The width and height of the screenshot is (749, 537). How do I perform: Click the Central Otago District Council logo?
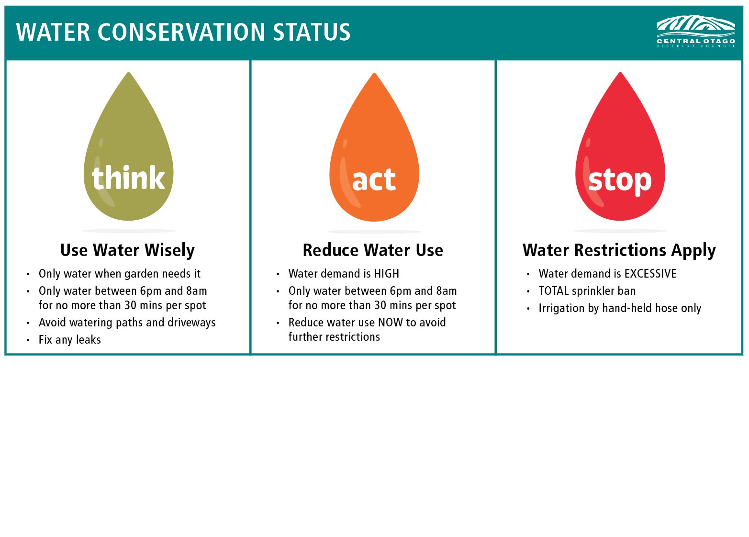tap(696, 31)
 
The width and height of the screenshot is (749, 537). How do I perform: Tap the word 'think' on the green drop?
tap(128, 178)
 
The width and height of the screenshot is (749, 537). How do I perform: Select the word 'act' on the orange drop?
tap(374, 179)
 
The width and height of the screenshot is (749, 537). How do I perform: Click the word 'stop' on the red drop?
tap(620, 181)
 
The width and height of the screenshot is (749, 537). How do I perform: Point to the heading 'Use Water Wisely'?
tap(127, 250)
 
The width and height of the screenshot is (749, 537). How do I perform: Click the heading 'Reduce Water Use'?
tap(373, 250)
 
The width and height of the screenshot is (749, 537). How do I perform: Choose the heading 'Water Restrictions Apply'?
tap(619, 250)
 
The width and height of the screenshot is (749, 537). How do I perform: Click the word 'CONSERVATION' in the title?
tap(181, 32)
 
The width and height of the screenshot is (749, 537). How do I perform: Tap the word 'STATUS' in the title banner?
tap(312, 32)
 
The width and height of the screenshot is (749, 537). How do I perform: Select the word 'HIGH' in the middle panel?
tap(387, 273)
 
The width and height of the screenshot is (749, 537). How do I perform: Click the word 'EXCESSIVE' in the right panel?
tap(650, 273)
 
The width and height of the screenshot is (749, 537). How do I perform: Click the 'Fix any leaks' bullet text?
tap(69, 340)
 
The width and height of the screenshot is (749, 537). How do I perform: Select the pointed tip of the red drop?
tap(620, 73)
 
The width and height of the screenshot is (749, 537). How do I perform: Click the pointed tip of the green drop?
tap(128, 73)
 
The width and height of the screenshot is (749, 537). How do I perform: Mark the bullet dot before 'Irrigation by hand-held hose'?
tap(528, 309)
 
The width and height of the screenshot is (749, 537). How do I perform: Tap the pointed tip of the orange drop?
tap(374, 73)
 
